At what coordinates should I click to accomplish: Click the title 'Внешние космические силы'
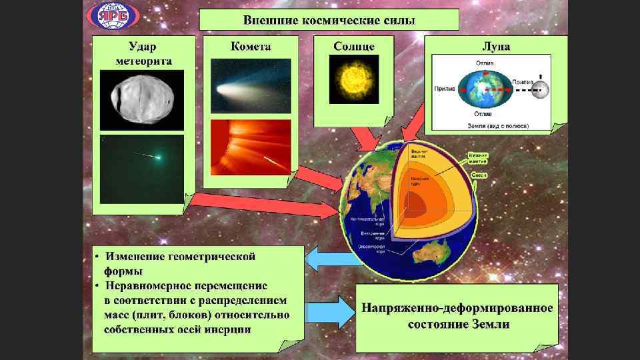(x=329, y=19)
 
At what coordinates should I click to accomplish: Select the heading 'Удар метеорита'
(x=144, y=53)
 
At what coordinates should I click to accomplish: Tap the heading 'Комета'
(x=251, y=47)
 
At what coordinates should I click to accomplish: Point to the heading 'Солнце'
(x=354, y=47)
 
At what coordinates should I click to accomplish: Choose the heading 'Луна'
(x=496, y=47)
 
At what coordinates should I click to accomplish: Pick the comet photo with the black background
(x=251, y=87)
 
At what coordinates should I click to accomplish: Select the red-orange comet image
(x=251, y=148)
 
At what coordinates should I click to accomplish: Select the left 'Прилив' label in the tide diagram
(x=445, y=89)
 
